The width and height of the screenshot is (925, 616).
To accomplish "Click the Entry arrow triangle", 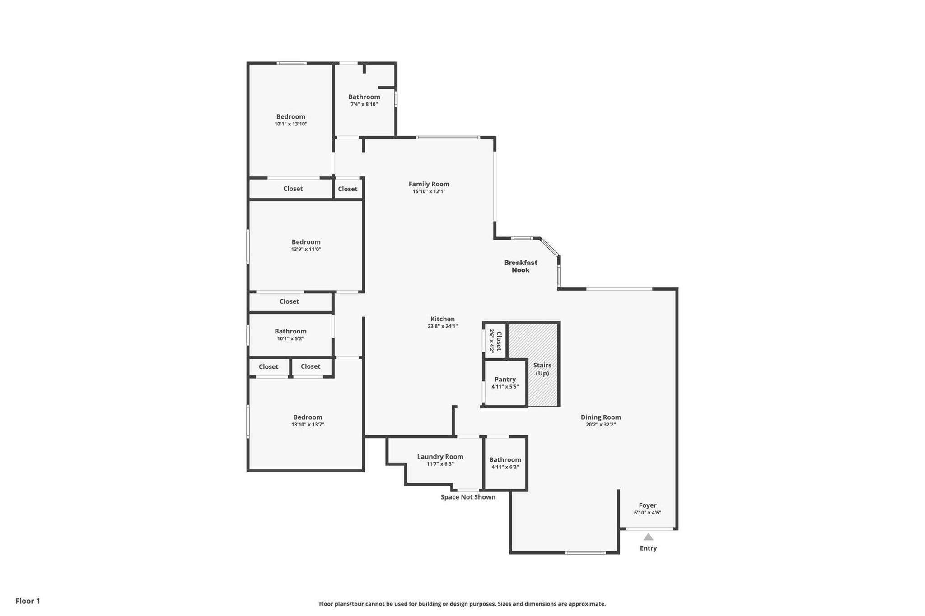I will [648, 537].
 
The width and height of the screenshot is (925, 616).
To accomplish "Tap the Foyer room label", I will [647, 505].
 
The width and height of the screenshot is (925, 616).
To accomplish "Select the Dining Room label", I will [601, 417].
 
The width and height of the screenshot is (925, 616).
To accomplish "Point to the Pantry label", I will [505, 380].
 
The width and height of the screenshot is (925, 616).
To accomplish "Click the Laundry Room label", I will [440, 457].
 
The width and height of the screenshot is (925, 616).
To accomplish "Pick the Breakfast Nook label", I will [520, 266].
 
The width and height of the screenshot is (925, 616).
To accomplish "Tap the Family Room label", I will [429, 184].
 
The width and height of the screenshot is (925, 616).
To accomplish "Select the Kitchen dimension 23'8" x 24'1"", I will [442, 326].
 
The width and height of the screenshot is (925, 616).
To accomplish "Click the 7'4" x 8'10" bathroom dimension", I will [364, 104].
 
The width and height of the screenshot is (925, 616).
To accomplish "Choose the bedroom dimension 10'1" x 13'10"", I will [290, 124].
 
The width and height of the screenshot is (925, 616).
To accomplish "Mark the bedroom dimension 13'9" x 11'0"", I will [306, 250].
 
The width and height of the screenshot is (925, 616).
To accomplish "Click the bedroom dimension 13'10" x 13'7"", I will [308, 425].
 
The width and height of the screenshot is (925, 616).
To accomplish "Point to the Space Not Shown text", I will [468, 497].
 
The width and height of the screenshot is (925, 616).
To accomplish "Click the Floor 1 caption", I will [28, 601].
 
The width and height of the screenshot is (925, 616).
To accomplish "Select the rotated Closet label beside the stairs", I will [499, 341].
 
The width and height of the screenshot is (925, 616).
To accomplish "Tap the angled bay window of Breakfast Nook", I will [550, 246].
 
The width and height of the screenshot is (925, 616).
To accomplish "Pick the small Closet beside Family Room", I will [347, 189].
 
